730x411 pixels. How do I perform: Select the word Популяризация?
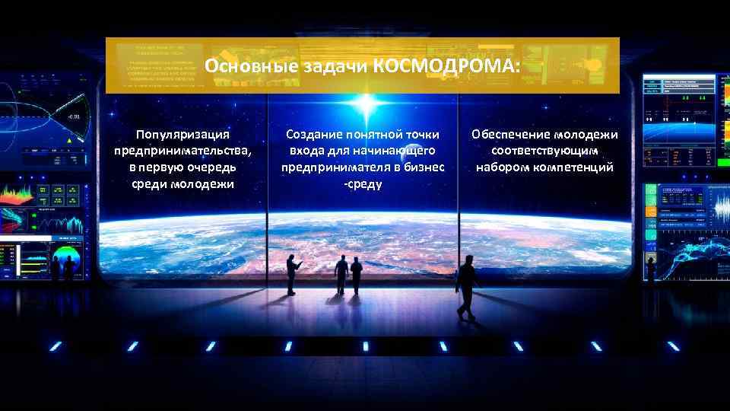tap(182, 135)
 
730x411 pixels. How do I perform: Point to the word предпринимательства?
tap(182, 151)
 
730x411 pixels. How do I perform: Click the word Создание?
tap(313, 135)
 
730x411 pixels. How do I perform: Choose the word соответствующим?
tap(544, 151)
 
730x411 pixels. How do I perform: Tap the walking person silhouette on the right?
tap(465, 287)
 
